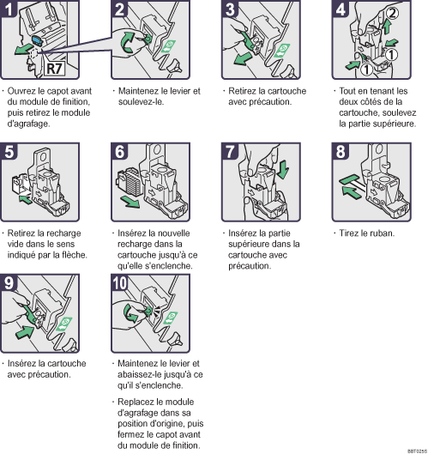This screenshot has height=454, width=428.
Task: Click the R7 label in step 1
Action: pos(55,69)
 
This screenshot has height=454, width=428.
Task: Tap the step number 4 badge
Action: pos(340,9)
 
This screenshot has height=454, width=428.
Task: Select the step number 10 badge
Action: pos(120,282)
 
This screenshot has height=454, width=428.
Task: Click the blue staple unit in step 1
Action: pos(37,40)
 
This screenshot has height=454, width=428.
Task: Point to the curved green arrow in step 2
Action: pos(127,43)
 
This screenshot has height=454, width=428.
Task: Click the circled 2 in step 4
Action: pos(392,13)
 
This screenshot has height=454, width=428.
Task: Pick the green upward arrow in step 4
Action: pos(387,27)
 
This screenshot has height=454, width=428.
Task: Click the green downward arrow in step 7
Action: pos(282,169)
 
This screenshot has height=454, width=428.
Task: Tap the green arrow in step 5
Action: pos(25,199)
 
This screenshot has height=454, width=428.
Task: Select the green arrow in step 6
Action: pos(130,201)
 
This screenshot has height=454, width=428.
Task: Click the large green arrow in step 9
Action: pos(25,331)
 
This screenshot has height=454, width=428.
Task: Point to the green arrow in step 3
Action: pos(243,58)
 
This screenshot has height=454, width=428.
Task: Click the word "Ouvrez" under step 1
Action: pos(21,91)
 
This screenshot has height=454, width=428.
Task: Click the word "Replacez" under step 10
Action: pos(136,403)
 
